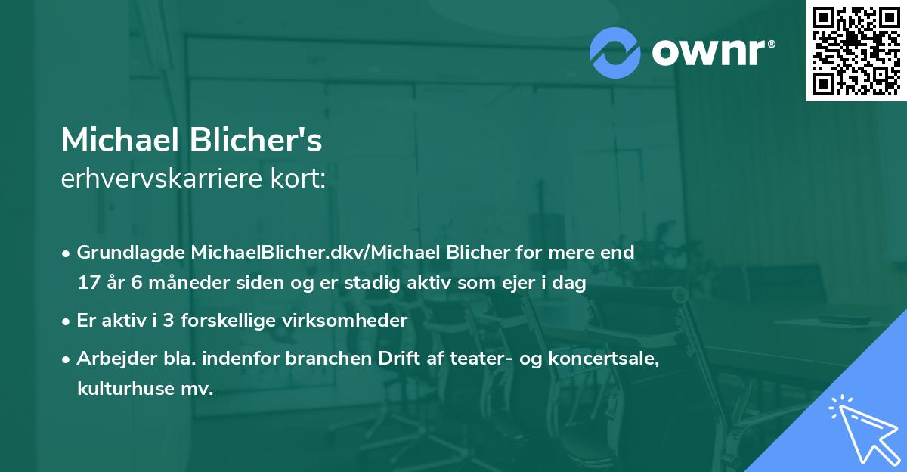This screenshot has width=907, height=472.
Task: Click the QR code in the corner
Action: pos(856,50)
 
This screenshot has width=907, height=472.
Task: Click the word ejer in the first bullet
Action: pos(512,283)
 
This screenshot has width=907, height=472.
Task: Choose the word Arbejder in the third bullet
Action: pos(110,359)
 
